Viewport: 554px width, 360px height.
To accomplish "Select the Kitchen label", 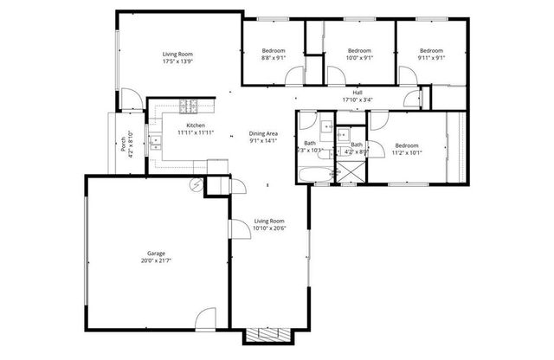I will (196, 126).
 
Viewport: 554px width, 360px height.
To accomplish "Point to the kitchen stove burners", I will (190, 107).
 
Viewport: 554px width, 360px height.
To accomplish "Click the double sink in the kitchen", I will (156, 143).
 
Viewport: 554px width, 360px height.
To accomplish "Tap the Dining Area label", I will (263, 133).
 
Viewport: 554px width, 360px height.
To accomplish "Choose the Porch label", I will (124, 141).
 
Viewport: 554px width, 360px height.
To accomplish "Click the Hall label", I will (357, 92).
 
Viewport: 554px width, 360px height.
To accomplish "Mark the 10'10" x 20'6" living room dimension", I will (270, 228).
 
